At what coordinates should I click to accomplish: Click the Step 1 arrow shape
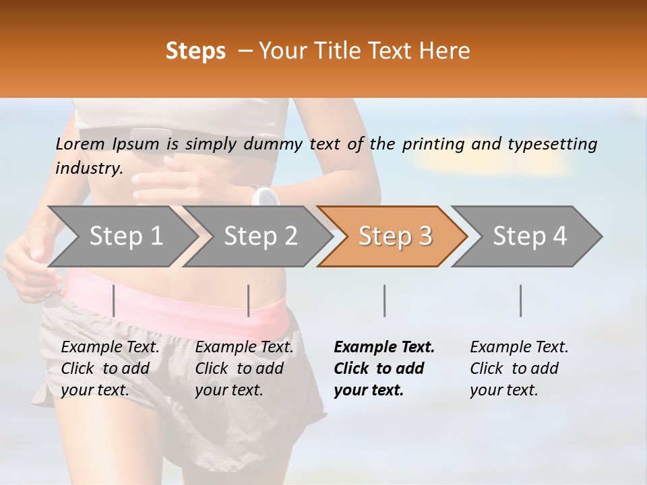click(x=121, y=236)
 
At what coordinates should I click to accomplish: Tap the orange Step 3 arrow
click(x=392, y=236)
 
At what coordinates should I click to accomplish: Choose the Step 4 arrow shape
click(x=527, y=236)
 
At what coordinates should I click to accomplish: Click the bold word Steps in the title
click(x=195, y=51)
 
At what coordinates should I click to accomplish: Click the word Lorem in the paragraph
click(x=80, y=143)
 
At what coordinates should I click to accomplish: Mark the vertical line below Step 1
click(x=114, y=300)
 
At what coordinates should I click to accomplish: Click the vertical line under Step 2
click(x=249, y=300)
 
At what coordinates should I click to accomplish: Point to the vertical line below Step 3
click(x=385, y=300)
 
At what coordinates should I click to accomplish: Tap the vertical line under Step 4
click(x=520, y=300)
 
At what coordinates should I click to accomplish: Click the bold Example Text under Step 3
click(x=384, y=348)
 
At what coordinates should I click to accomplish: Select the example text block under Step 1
click(x=110, y=368)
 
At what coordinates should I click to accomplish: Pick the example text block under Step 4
click(x=519, y=368)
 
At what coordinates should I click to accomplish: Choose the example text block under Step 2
click(x=244, y=368)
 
